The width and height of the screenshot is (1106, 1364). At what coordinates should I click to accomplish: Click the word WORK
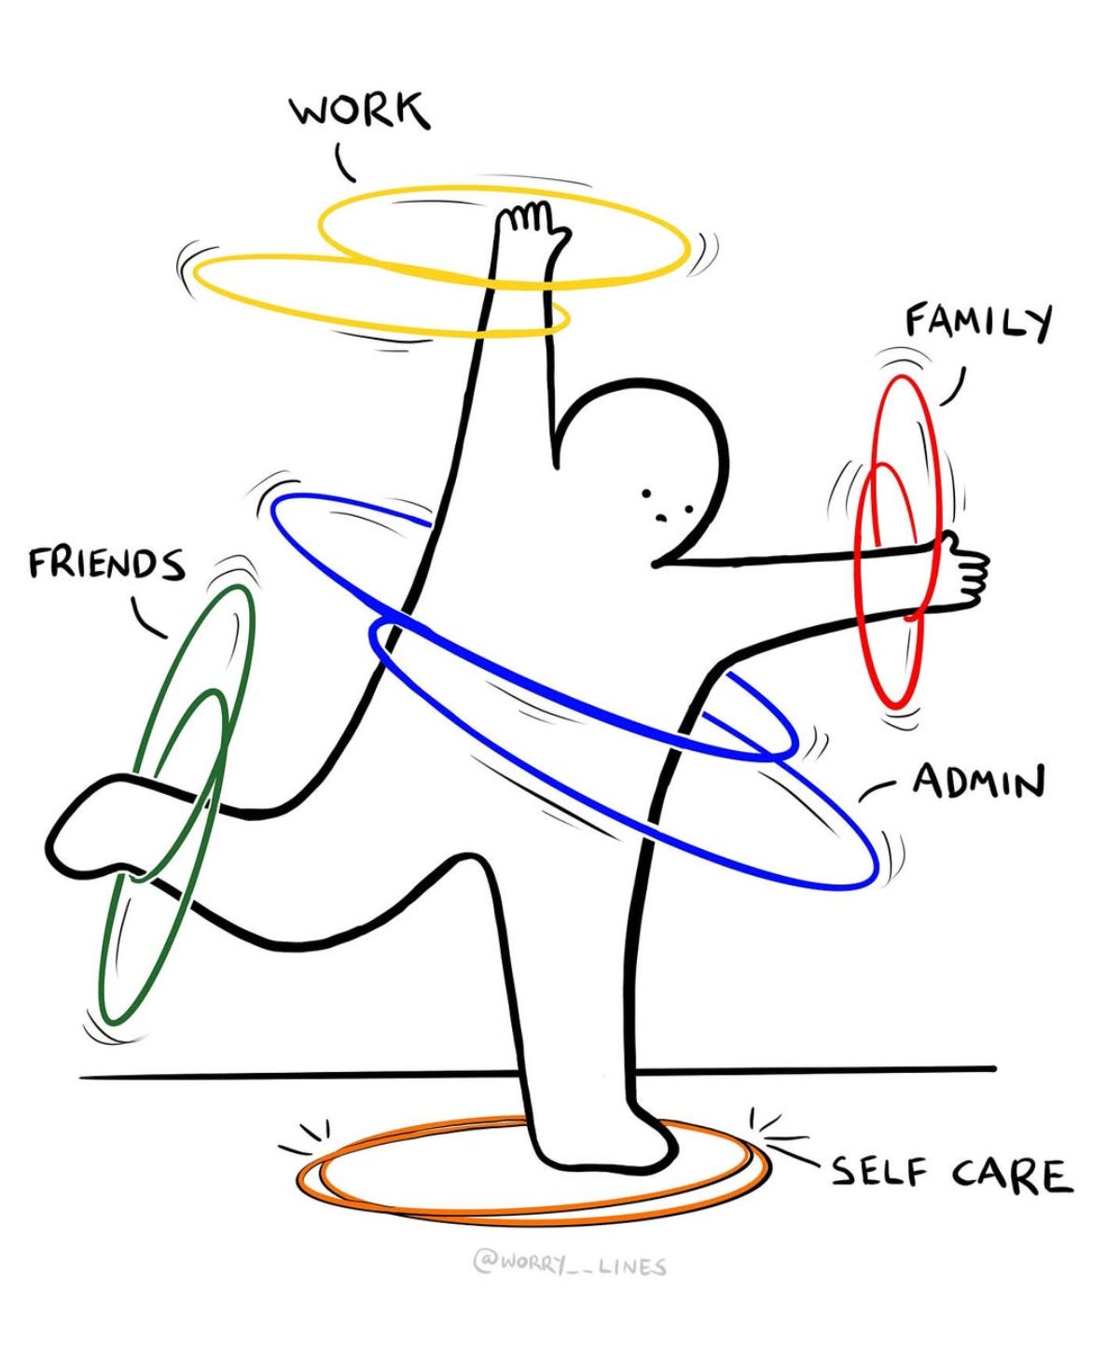pos(360,110)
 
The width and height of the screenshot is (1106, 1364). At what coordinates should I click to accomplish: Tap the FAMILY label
pos(978,323)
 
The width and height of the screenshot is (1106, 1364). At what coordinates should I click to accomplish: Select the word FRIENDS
pos(106,564)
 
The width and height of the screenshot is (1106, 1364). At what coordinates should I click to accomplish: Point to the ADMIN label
pos(978,781)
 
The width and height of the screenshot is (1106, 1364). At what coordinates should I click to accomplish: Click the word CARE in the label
pos(1012,1175)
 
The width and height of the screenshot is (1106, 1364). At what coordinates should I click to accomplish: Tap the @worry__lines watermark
pos(570,1265)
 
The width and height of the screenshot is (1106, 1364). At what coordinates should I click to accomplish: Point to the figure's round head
pos(643,448)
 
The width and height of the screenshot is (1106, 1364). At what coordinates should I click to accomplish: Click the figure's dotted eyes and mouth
pos(664,505)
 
